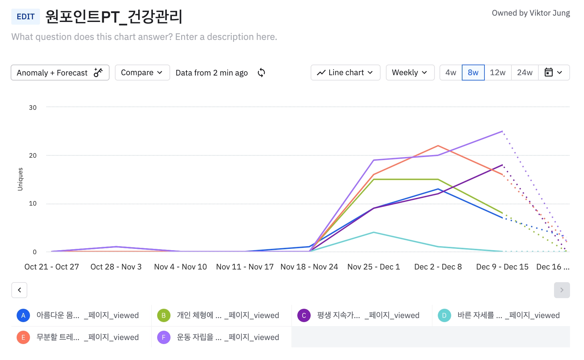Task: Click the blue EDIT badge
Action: tap(26, 17)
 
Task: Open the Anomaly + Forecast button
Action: tap(60, 73)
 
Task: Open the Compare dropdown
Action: tap(142, 73)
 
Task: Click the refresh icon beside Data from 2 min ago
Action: tap(261, 73)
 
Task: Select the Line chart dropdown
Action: tap(345, 73)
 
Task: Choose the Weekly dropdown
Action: tap(410, 73)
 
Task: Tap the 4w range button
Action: tap(451, 73)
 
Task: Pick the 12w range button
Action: tap(498, 73)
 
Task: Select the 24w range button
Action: tap(525, 73)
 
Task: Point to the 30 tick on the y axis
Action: tap(33, 107)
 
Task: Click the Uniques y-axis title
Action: tap(20, 179)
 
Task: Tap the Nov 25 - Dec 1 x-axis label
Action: tap(374, 267)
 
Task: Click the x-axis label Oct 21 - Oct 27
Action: tap(52, 267)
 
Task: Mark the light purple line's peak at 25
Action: tap(502, 131)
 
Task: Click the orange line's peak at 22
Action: tap(438, 146)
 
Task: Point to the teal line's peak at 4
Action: tap(374, 232)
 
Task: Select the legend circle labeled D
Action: tap(444, 315)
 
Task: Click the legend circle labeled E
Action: tap(23, 337)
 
